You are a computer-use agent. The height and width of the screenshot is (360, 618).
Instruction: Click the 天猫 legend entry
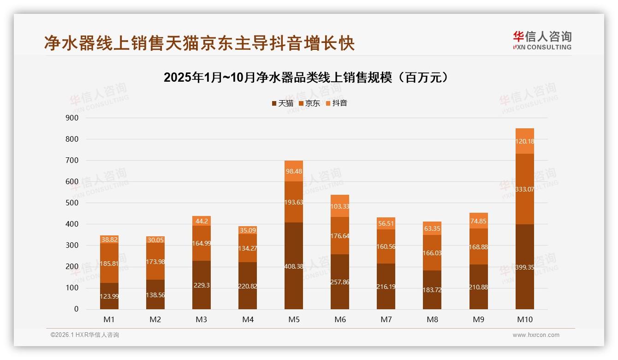pos(282,103)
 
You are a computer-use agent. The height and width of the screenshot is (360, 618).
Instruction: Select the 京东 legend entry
pos(309,103)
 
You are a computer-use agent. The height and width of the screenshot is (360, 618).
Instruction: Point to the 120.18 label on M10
pos(524,142)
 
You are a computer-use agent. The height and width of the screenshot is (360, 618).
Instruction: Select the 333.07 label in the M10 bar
pos(524,189)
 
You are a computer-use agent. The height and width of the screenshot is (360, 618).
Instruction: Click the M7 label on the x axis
pos(386,319)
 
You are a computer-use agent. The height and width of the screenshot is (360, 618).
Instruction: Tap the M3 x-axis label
pos(202,319)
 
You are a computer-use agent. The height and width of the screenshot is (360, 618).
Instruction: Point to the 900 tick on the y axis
pos(72,118)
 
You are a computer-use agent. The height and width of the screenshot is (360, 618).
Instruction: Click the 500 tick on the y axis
pos(72,203)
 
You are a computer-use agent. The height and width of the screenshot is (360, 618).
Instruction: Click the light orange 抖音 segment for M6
pos(340,206)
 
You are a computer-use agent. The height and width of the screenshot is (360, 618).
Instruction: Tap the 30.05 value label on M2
pos(155,240)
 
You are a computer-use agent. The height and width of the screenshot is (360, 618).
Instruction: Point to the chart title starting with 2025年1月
pos(306,78)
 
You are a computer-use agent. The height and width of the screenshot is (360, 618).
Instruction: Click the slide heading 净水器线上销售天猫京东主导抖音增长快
pos(199,43)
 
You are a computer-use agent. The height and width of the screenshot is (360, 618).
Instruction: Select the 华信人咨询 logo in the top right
pos(542,40)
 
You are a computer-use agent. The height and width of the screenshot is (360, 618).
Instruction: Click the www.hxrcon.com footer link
pos(536,335)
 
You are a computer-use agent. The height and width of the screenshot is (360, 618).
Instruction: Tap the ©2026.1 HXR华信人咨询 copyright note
pos(84,335)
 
